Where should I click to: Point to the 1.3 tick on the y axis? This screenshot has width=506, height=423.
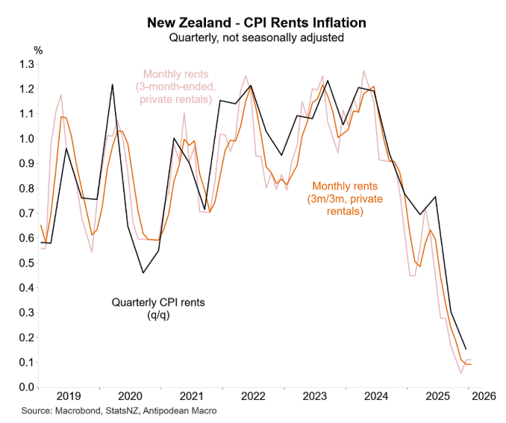pos(25,64)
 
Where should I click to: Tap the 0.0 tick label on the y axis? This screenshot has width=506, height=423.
pos(25,387)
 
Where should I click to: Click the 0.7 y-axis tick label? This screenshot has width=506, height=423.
pos(25,213)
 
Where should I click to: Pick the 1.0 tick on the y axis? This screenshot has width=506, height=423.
pos(25,139)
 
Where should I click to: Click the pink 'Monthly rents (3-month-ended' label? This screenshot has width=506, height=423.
pos(178,87)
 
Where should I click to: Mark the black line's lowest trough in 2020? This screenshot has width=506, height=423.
pos(143,273)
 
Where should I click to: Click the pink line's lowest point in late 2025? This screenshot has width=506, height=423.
pos(461,373)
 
